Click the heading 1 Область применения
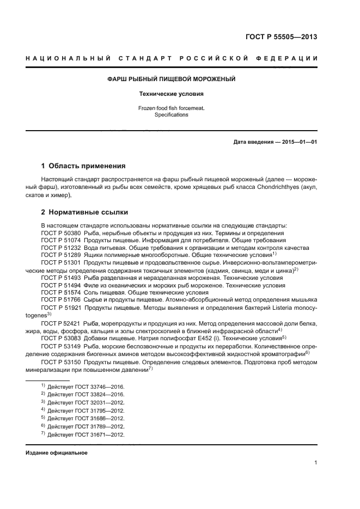83,165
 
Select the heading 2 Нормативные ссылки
84,212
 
